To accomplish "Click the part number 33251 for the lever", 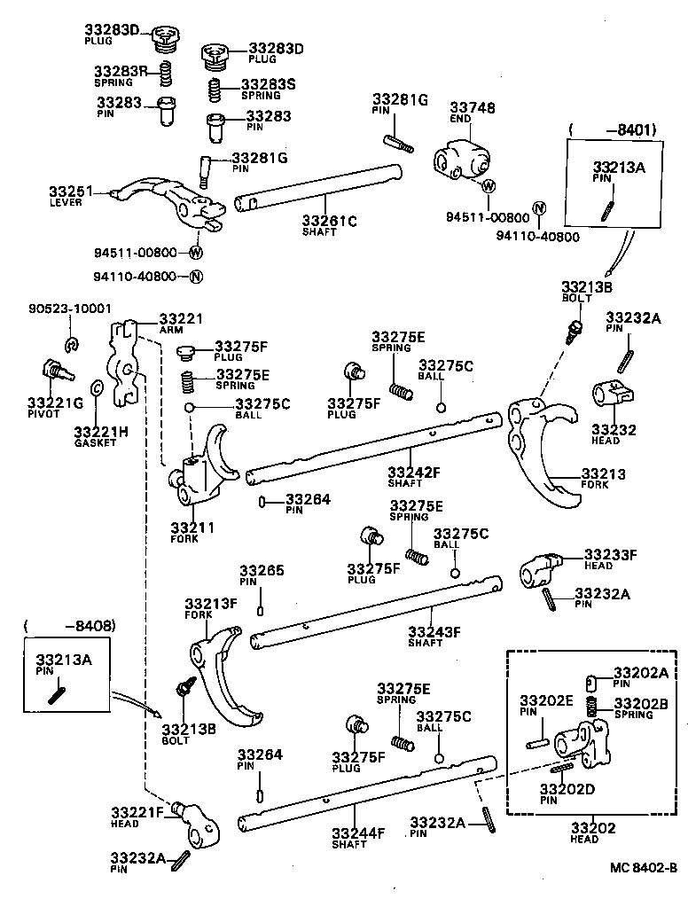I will pos(70,191).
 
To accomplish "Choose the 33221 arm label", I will pos(181,318).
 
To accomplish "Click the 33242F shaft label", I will pos(414,473).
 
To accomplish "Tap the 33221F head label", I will pos(137,812).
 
